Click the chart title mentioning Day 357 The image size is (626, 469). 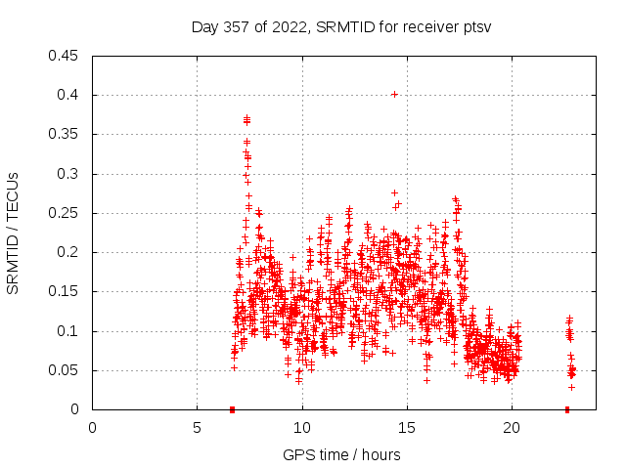click(x=340, y=26)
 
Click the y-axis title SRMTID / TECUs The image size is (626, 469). click(x=13, y=232)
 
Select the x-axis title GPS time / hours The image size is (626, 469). click(x=341, y=454)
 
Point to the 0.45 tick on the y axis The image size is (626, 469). click(x=66, y=56)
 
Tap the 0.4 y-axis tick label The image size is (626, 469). click(x=69, y=95)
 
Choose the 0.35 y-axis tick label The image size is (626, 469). click(x=66, y=134)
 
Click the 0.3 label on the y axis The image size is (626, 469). click(x=69, y=174)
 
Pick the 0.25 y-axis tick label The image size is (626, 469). click(x=66, y=213)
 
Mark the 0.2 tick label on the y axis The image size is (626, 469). click(x=69, y=252)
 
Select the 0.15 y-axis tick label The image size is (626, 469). click(x=66, y=292)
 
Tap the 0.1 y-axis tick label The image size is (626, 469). click(x=69, y=331)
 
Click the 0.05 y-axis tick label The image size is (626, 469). click(x=66, y=370)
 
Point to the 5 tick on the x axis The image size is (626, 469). click(x=197, y=427)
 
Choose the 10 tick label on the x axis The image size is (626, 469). click(x=302, y=427)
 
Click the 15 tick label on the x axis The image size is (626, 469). click(x=407, y=427)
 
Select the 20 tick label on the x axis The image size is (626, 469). click(x=512, y=427)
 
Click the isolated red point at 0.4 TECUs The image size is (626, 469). click(x=394, y=94)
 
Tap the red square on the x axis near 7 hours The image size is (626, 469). click(x=232, y=409)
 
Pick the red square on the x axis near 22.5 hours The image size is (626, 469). click(x=567, y=409)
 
